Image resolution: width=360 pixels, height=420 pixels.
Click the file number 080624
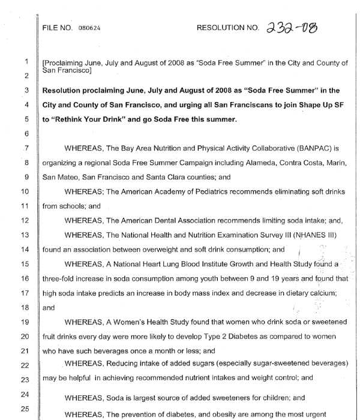pos(89,28)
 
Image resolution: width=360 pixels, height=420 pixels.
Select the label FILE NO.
pos(58,28)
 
